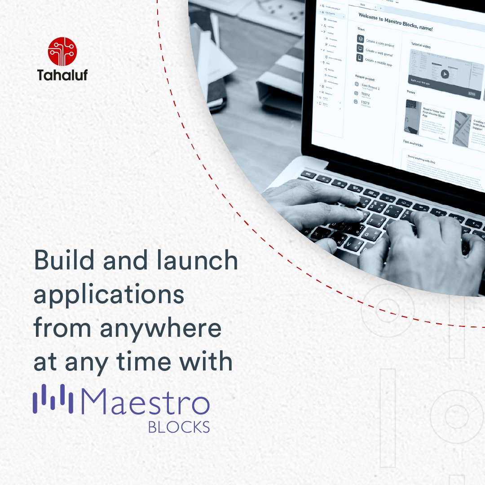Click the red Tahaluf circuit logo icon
[62, 52]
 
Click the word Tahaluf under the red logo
[62, 75]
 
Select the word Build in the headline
[60, 261]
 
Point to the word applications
[109, 296]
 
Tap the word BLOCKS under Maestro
[179, 427]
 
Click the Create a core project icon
[361, 40]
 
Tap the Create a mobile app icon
[360, 57]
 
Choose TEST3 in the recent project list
[365, 103]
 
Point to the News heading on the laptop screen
[411, 92]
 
